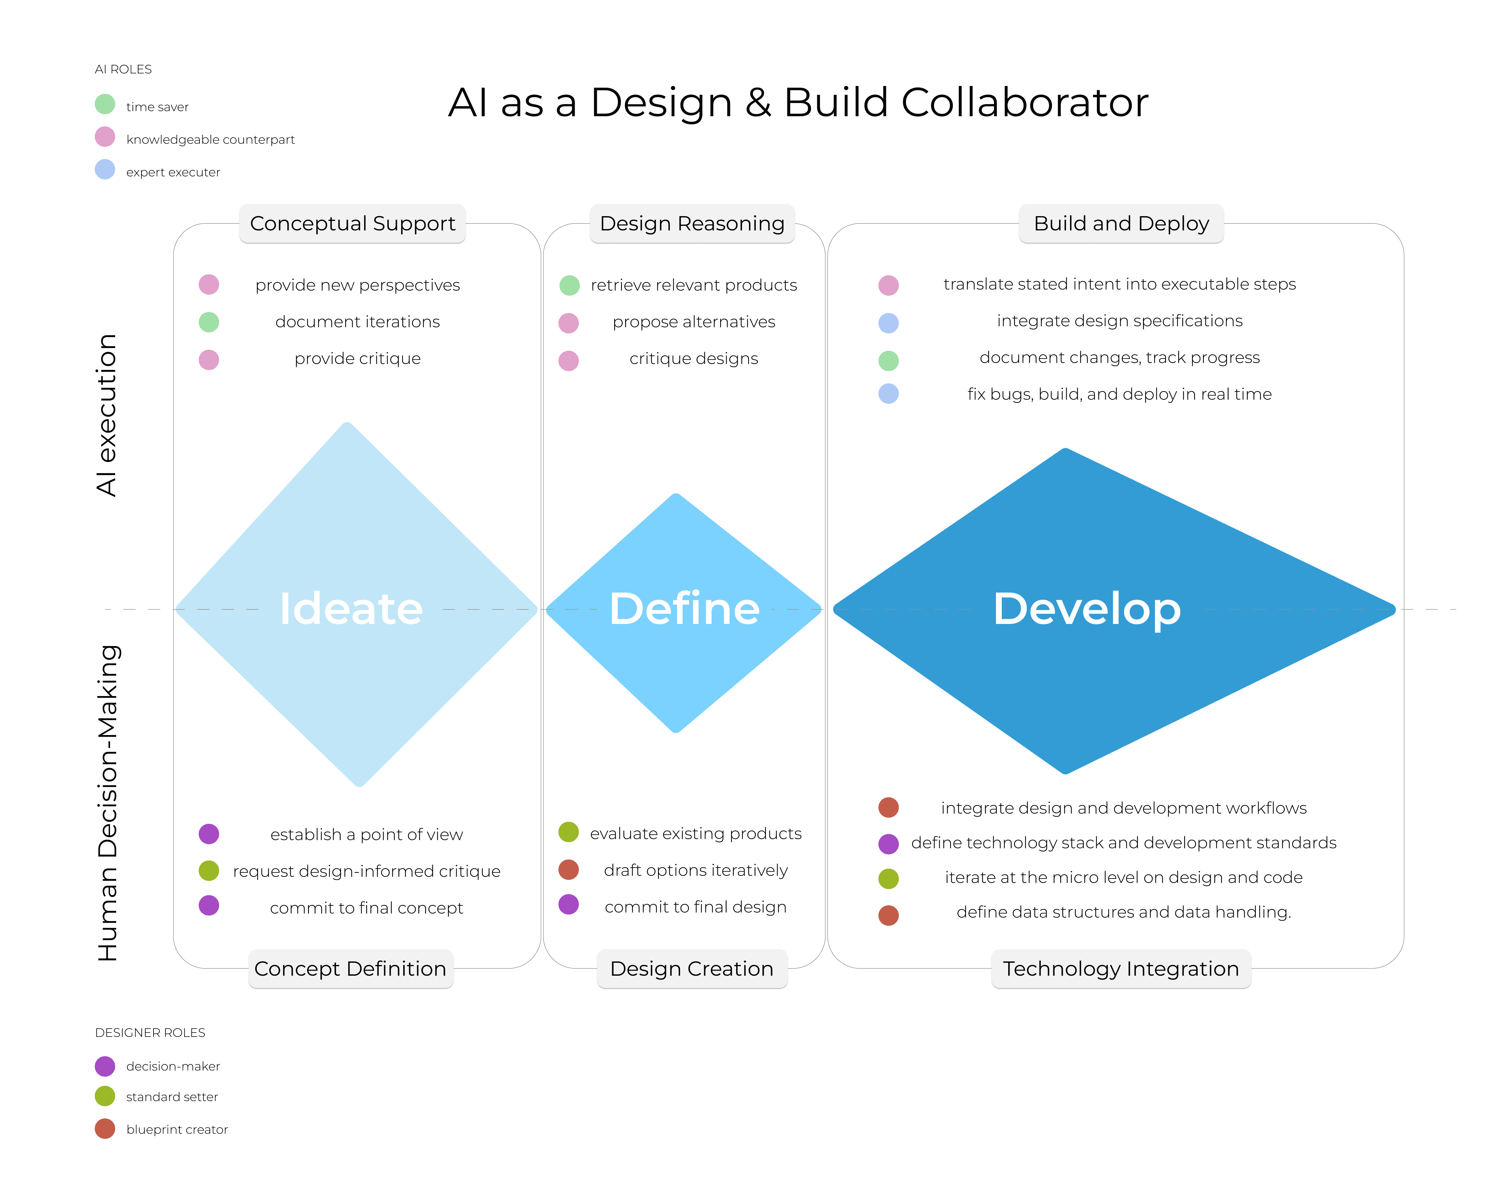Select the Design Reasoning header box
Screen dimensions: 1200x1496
pos(692,224)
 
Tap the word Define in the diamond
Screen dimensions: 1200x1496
pos(684,609)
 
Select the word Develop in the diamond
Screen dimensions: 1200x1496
pos(1087,609)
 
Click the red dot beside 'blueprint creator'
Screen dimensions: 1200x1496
pos(105,1129)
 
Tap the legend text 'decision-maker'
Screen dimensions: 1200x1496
pos(173,1066)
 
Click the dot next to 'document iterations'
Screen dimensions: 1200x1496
pos(209,322)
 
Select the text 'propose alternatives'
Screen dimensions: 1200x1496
pos(694,322)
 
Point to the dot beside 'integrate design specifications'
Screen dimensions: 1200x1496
pos(888,323)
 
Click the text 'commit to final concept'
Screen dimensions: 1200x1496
pos(367,908)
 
